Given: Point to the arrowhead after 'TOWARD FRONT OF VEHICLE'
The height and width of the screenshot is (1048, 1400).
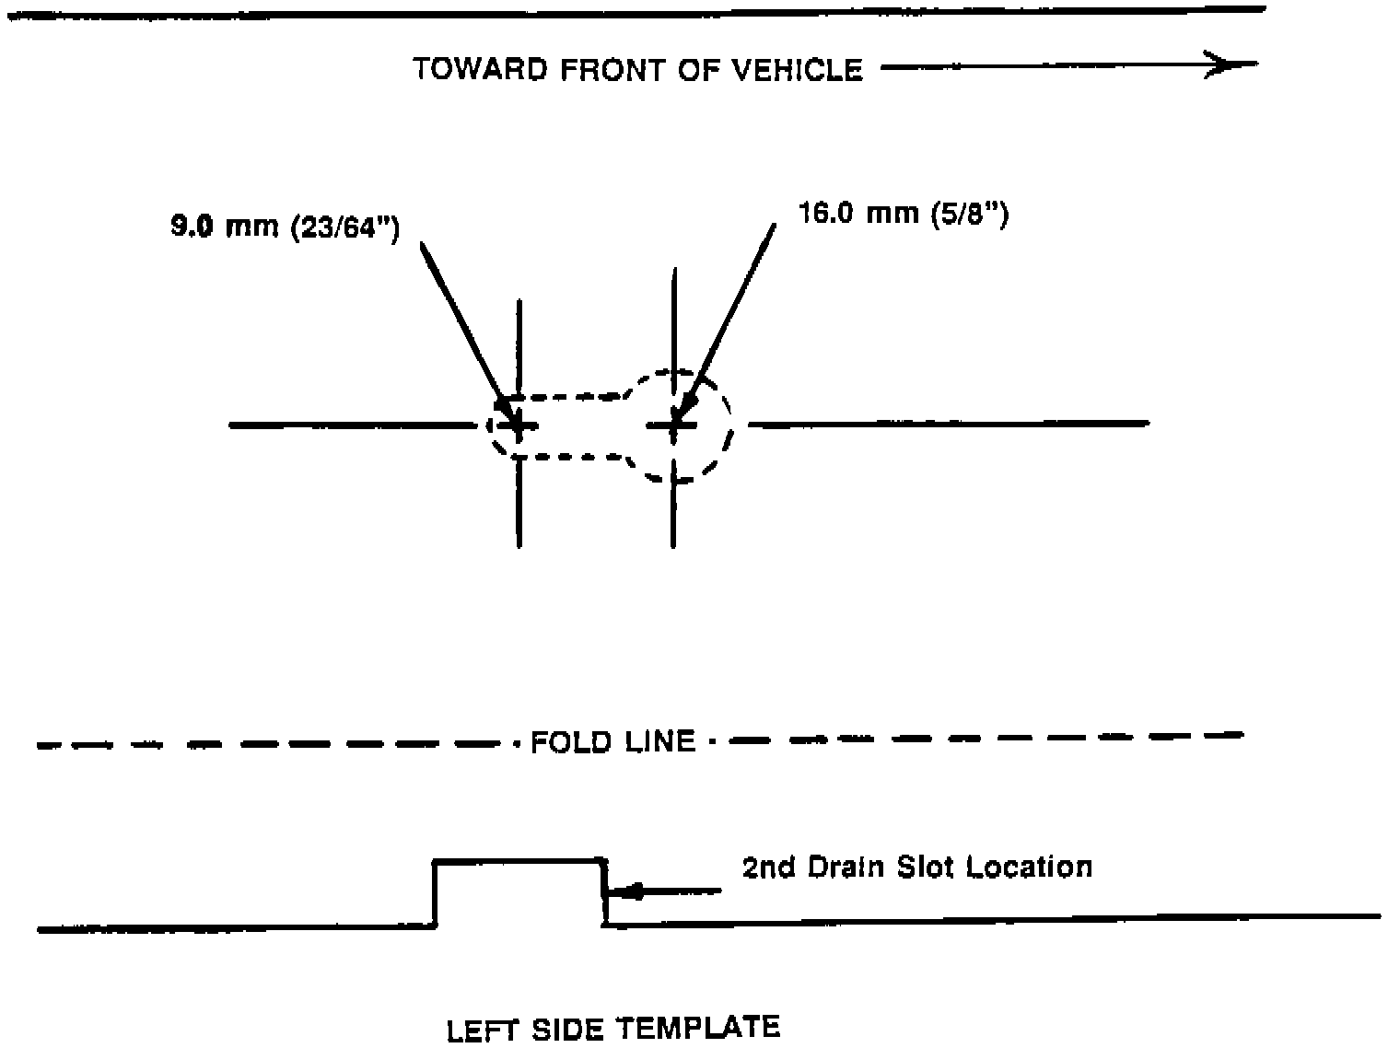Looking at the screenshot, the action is pyautogui.click(x=1234, y=64).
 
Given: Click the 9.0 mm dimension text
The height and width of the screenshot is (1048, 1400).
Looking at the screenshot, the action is pyautogui.click(x=225, y=227).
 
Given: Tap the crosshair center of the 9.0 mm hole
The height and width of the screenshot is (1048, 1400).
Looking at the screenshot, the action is pyautogui.click(x=519, y=425).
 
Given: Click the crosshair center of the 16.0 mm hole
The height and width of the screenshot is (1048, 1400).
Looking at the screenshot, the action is pyautogui.click(x=675, y=425).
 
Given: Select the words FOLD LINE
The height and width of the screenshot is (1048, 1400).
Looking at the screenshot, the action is pyautogui.click(x=612, y=741).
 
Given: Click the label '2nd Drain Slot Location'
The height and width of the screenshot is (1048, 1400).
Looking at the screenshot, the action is pyautogui.click(x=916, y=868).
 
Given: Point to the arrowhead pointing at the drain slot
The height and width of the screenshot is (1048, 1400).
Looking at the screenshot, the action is pyautogui.click(x=630, y=891).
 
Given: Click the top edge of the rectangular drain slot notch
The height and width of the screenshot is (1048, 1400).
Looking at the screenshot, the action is pyautogui.click(x=519, y=860).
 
